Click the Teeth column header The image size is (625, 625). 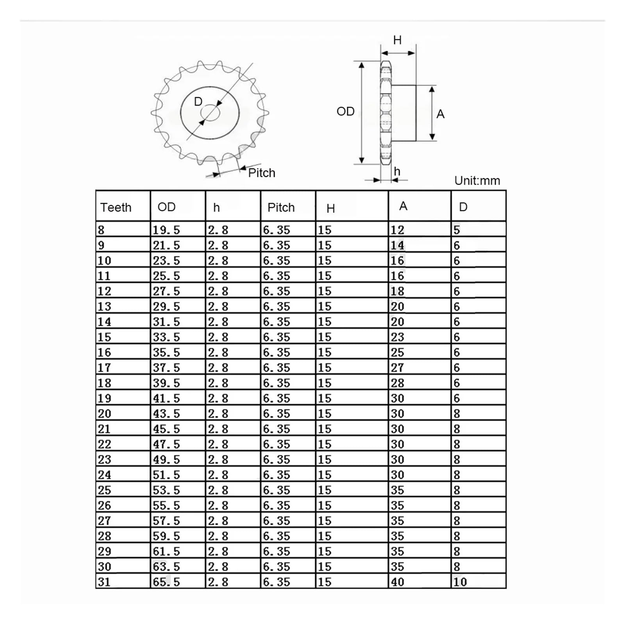(116, 207)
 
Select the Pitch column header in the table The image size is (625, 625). (281, 207)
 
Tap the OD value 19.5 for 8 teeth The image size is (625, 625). (166, 230)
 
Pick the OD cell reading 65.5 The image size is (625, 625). (166, 582)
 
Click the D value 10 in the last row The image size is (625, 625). (460, 582)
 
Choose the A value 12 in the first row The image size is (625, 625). (397, 230)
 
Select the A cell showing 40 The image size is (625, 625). (397, 582)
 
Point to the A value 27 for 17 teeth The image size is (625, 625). (397, 368)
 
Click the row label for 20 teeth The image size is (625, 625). (104, 414)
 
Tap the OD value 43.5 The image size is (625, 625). (166, 414)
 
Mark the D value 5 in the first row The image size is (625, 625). (457, 230)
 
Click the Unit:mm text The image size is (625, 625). (477, 181)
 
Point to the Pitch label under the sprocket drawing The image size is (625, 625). (262, 173)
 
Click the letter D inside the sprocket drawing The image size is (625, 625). (198, 102)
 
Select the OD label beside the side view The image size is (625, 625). (345, 112)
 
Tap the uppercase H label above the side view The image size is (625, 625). (397, 40)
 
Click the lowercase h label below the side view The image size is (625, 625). (397, 171)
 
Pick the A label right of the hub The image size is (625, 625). (440, 114)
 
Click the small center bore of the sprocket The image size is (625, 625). (210, 113)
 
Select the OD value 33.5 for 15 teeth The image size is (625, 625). (166, 337)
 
